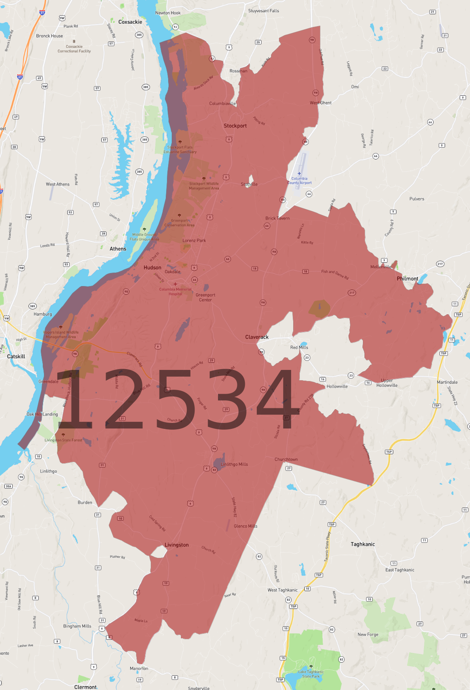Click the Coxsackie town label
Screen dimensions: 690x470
130,22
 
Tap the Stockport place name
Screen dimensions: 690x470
235,126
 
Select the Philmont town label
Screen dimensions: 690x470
407,279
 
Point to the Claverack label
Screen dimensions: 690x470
257,337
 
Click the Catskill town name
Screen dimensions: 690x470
16,356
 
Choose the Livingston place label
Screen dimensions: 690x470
176,545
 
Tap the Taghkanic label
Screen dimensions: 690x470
362,544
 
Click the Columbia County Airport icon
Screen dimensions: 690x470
299,174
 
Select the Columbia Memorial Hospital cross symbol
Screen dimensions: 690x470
175,284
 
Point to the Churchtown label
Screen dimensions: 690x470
286,459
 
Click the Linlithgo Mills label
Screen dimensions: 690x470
234,464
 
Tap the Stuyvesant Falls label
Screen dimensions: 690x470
263,11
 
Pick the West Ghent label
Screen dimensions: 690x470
320,103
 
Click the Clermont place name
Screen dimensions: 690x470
85,687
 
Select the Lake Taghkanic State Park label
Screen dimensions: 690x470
311,674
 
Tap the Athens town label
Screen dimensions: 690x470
118,249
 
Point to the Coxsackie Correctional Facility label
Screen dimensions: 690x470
74,49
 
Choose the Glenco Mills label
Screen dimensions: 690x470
245,526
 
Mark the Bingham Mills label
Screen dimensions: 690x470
77,626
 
